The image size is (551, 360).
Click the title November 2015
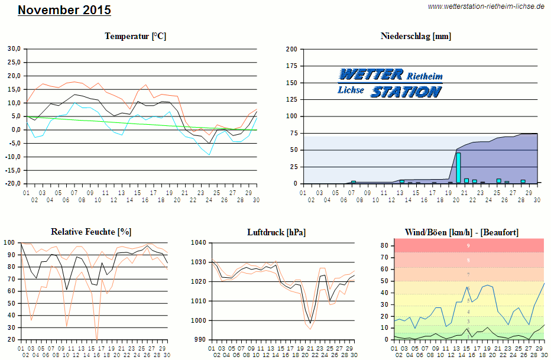point(64,10)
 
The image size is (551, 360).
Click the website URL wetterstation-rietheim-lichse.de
point(485,7)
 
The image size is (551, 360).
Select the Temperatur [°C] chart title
point(135,36)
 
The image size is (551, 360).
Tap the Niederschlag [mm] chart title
point(416,36)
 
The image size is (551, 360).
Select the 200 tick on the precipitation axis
point(291,49)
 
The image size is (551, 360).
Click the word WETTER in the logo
point(371,74)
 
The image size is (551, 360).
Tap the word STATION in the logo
point(406,91)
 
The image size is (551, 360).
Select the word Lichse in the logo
point(351,90)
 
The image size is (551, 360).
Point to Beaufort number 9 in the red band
point(468,245)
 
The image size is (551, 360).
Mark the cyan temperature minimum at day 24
point(209,155)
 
